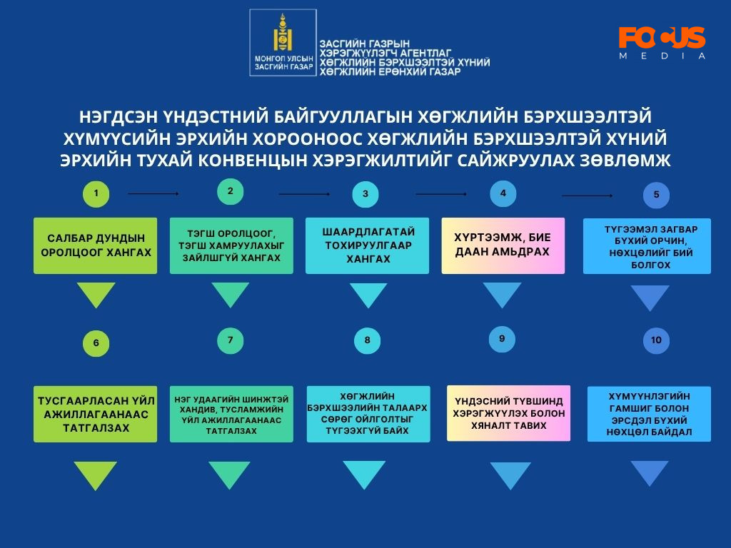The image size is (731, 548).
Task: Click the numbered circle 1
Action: pos(96,194)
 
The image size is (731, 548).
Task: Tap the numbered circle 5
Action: pos(656,195)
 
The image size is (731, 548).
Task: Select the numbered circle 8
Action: pos(367,340)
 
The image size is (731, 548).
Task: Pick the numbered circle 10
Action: pos(656,340)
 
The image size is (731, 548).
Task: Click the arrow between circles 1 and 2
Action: pos(153,193)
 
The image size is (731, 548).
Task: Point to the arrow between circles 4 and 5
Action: pos(588,196)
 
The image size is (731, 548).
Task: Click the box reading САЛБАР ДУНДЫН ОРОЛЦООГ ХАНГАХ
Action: pos(96,245)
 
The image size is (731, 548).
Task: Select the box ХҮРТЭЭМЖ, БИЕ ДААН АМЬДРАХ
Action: pos(503,245)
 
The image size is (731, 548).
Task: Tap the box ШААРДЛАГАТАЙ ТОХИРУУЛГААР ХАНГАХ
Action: pos(368,245)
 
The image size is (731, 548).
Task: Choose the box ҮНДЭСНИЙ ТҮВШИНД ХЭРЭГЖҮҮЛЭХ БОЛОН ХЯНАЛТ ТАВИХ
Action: pos(508,413)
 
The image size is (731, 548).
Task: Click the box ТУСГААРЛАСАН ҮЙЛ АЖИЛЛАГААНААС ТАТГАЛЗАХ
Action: pos(96,414)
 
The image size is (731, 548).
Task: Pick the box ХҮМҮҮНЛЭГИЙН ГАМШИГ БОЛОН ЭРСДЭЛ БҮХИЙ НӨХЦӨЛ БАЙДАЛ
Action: pos(649,414)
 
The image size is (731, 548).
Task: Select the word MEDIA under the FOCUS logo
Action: pos(662,56)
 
